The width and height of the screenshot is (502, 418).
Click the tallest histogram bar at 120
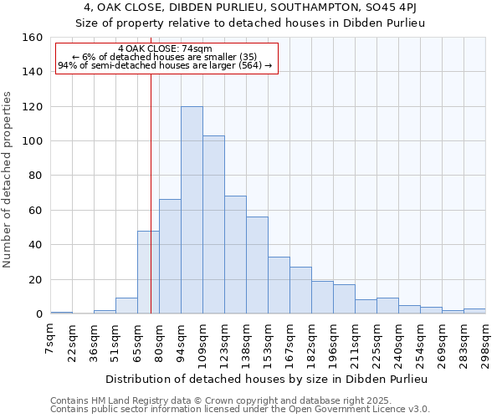pos(192,210)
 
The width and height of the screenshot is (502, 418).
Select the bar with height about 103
pos(213,225)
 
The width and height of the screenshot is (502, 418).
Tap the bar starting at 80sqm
pos(170,257)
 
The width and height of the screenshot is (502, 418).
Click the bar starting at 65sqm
pos(148,273)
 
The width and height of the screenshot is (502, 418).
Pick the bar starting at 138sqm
pos(257,265)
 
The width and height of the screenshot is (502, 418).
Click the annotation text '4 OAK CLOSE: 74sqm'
pos(165,49)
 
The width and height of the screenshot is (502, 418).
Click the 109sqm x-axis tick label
pos(202,340)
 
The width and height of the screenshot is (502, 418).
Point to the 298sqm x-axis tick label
pos(485,340)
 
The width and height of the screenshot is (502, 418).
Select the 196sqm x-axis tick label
pos(333,340)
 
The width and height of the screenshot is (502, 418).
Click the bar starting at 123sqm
pos(235,255)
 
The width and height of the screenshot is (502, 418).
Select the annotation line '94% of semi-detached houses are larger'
pos(165,65)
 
